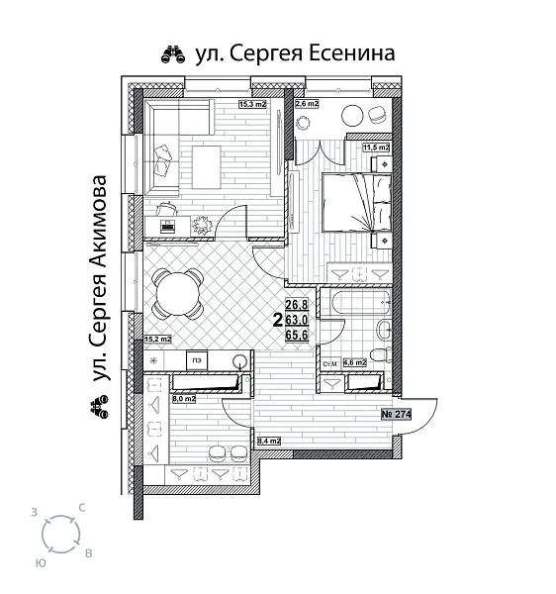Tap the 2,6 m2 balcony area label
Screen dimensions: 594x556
coord(306,103)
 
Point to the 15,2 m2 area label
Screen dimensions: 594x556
coord(157,339)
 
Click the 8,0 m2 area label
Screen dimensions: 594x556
coord(184,401)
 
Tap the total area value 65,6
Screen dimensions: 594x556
coord(298,336)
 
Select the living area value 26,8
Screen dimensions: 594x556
coord(298,305)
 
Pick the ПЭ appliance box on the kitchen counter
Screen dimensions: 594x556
coord(197,360)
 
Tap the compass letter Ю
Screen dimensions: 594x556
coord(41,560)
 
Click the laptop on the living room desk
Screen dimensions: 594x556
coord(167,226)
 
